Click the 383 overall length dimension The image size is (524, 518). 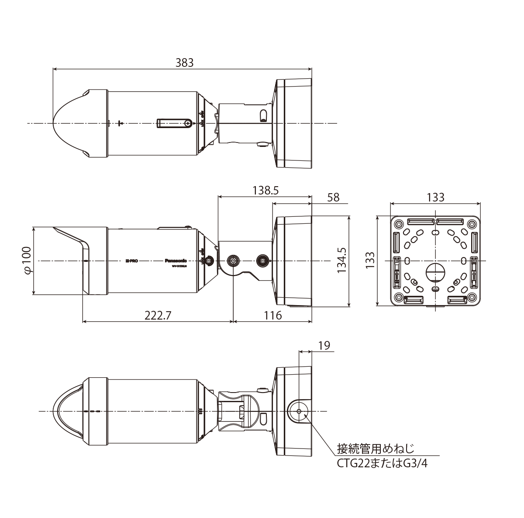[184, 63]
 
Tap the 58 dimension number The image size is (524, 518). [333, 197]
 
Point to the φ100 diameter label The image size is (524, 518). [27, 261]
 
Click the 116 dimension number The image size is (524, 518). [273, 315]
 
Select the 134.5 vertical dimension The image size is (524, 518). [341, 261]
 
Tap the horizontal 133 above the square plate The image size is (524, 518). [435, 197]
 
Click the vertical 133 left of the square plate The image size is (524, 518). [369, 261]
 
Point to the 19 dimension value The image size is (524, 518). [324, 346]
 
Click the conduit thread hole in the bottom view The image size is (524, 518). [298, 411]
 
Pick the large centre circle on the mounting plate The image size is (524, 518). [435, 272]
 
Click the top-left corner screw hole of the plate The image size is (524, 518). [398, 224]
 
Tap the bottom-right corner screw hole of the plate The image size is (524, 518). [472, 298]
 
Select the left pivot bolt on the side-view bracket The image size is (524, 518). [234, 261]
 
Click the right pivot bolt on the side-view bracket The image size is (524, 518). [263, 261]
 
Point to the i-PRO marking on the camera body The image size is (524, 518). [131, 261]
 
